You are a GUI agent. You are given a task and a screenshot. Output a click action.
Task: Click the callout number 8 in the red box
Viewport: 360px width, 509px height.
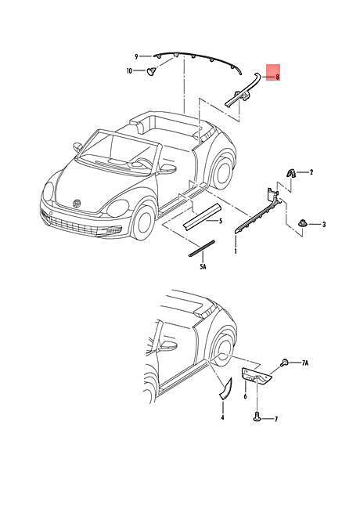click(x=277, y=78)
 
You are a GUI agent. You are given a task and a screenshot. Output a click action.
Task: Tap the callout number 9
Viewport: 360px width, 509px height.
click(x=136, y=57)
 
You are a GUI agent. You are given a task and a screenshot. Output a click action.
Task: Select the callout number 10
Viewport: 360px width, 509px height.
click(x=129, y=70)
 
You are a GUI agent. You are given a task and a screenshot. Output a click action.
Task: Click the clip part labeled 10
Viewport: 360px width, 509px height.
click(x=151, y=70)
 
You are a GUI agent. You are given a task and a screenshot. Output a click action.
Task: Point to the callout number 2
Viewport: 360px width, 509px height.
click(x=311, y=172)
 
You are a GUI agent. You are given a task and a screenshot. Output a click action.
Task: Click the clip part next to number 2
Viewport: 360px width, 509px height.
click(x=290, y=173)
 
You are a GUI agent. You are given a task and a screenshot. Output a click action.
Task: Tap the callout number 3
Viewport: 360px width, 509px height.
click(x=324, y=224)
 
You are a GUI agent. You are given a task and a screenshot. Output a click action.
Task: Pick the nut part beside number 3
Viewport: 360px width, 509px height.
click(x=302, y=224)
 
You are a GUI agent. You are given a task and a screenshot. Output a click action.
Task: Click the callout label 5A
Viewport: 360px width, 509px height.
click(x=203, y=267)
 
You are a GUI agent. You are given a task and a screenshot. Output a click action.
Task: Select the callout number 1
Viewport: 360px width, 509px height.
click(x=236, y=251)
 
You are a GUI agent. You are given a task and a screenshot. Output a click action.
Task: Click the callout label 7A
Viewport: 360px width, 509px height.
click(x=305, y=363)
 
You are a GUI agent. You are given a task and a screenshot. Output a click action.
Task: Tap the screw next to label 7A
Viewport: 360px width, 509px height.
click(x=285, y=363)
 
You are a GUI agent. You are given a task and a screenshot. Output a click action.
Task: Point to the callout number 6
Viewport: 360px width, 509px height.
click(x=245, y=396)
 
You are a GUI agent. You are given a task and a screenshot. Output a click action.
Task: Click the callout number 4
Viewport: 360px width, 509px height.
click(x=222, y=418)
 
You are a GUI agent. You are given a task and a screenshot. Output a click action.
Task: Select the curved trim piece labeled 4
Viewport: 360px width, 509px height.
click(x=227, y=388)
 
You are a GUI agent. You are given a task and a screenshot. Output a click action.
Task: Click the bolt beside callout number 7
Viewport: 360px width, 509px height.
click(x=257, y=417)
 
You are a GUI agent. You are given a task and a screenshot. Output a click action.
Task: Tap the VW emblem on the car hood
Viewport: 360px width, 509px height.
click(x=77, y=204)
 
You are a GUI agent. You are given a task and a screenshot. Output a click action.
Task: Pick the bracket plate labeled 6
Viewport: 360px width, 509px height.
click(x=256, y=376)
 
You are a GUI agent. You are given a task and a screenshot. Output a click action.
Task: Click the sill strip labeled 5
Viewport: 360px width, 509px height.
click(x=202, y=217)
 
